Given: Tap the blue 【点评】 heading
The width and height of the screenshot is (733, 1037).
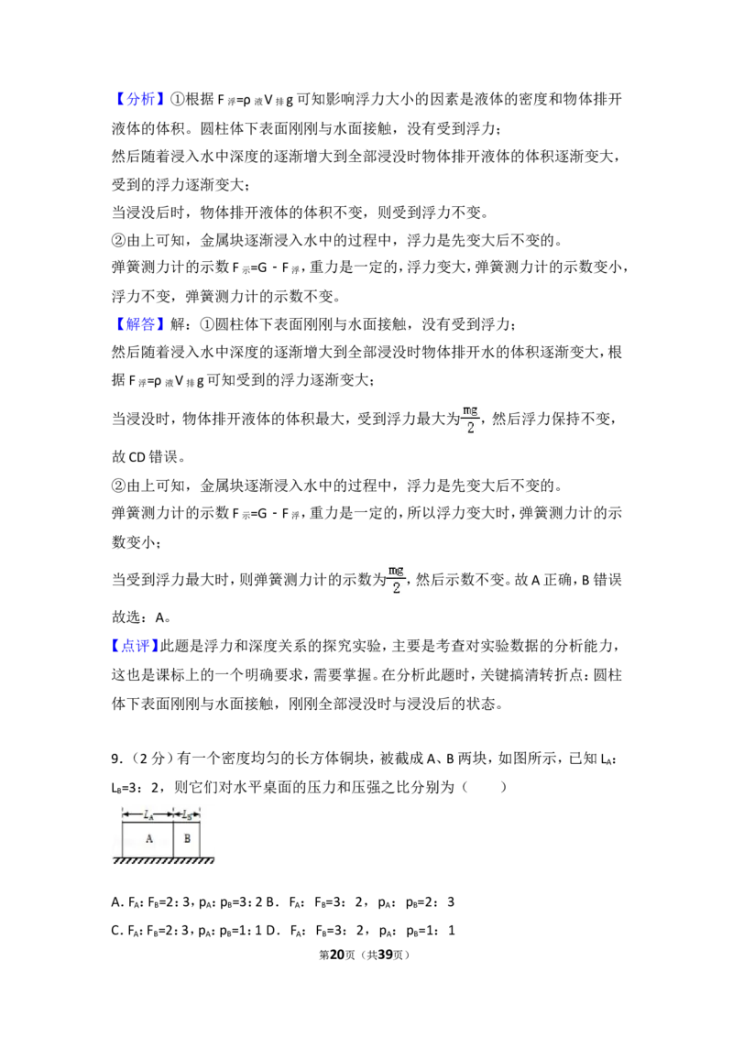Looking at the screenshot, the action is [x=135, y=646].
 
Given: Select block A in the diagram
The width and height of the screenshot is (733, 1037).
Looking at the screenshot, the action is [x=148, y=838].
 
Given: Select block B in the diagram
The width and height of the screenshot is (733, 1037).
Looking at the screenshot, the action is [x=187, y=838].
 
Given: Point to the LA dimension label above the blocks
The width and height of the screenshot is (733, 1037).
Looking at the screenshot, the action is [x=148, y=814].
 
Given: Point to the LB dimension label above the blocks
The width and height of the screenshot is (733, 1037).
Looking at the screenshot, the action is [x=187, y=814].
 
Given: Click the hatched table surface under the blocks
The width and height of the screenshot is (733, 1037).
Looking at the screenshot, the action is [x=163, y=860].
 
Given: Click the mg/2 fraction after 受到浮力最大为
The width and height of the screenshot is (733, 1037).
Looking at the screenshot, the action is [x=470, y=420].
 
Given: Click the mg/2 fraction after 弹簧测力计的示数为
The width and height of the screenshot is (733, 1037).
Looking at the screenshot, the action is [x=396, y=580].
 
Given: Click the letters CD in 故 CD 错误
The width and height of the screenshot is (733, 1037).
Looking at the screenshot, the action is [x=137, y=457].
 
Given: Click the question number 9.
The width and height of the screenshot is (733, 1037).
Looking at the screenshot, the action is [x=115, y=759].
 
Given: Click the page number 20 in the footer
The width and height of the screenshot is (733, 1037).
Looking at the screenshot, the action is [x=337, y=955].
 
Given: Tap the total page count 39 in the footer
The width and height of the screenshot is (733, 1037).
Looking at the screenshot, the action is [x=386, y=955].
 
